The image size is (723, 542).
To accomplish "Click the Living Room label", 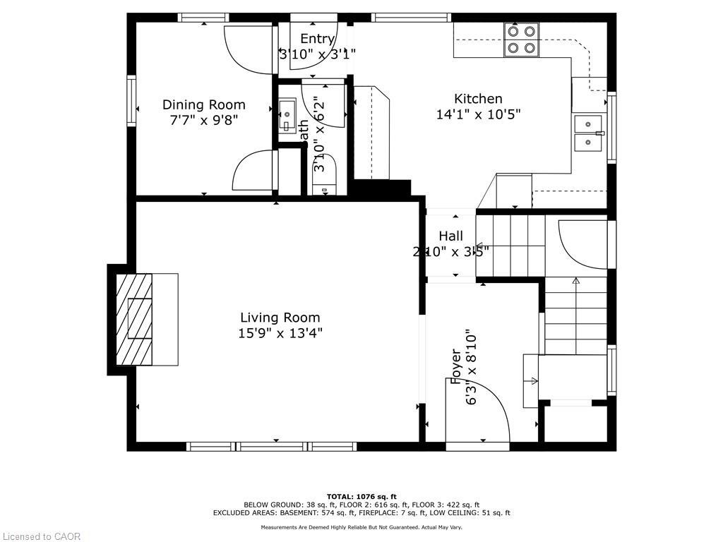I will [x=280, y=318].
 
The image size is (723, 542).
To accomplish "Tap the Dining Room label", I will [x=203, y=104].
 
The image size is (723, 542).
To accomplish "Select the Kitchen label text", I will [x=478, y=99].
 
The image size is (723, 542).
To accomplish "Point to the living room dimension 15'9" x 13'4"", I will [x=280, y=333].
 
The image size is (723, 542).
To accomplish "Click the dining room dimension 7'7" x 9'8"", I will [x=203, y=120].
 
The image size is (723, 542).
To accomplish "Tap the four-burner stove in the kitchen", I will [x=521, y=40].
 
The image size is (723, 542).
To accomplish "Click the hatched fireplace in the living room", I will [x=134, y=319].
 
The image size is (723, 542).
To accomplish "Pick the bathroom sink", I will [x=287, y=117].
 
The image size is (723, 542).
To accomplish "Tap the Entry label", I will [x=316, y=39].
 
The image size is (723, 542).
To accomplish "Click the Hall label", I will [x=450, y=236].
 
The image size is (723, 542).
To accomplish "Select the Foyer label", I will [x=455, y=366].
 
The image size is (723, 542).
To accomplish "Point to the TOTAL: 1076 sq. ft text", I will [x=361, y=496].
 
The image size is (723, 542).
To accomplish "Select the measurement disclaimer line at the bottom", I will [x=361, y=527].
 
